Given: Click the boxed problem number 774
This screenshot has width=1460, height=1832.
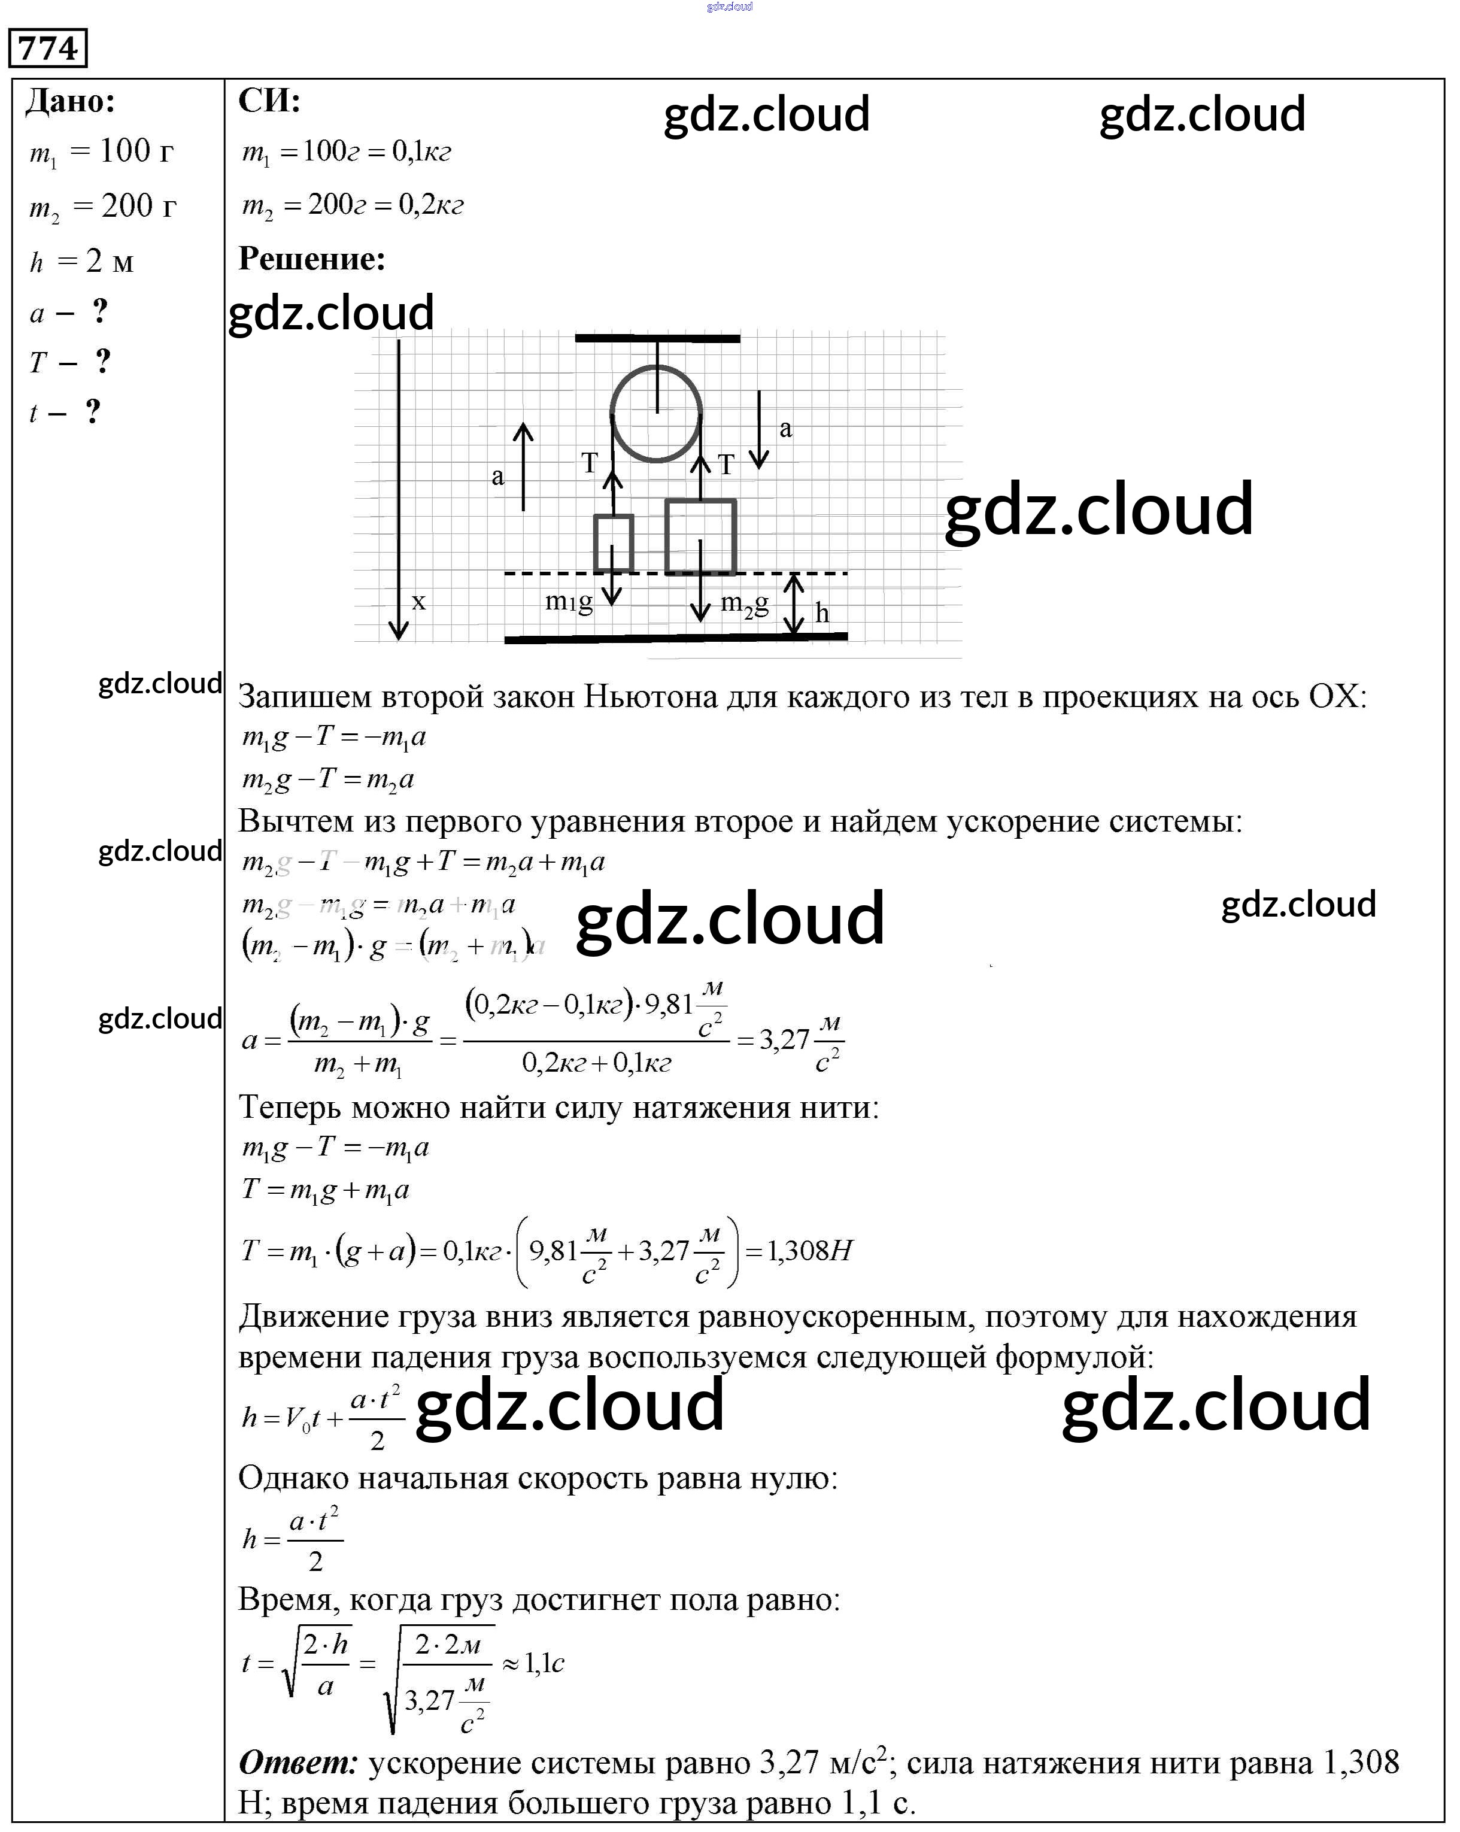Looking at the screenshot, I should [48, 48].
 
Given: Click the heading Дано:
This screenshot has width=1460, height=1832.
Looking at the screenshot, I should [71, 102].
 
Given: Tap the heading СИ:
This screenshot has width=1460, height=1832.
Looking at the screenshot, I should [269, 100].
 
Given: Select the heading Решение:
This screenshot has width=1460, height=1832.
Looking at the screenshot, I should [312, 258].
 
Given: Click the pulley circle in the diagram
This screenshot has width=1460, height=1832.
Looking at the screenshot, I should [655, 414].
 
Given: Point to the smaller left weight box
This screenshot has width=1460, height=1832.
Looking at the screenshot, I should [614, 542].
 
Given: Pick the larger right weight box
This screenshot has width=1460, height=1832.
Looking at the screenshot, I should [700, 537].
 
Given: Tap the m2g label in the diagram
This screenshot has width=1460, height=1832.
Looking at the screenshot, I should [745, 603].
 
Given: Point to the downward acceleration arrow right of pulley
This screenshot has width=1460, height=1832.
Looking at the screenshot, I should [759, 429].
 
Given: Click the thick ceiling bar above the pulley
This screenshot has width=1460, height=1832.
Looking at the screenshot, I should [657, 338].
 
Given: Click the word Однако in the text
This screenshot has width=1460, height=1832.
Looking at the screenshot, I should [292, 1478].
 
